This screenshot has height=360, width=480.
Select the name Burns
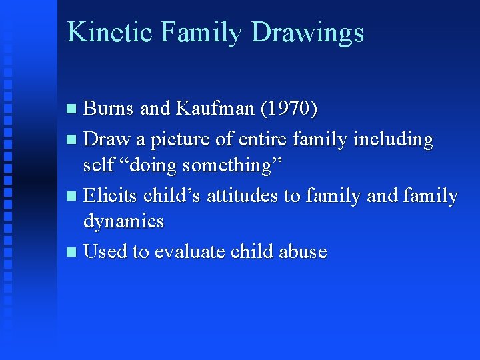click(x=109, y=108)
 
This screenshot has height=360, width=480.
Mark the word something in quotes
click(x=232, y=164)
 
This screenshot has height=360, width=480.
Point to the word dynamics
click(x=123, y=220)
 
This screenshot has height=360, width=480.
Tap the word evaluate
click(x=190, y=252)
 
